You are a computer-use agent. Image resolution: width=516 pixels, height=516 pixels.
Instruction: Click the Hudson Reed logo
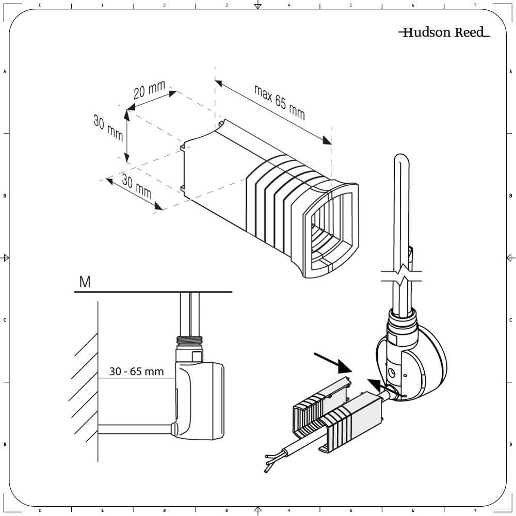pyautogui.click(x=444, y=33)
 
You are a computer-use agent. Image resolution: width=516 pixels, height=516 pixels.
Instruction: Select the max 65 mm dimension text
pyautogui.click(x=279, y=101)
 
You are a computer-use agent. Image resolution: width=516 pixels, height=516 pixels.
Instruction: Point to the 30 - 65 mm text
pyautogui.click(x=136, y=372)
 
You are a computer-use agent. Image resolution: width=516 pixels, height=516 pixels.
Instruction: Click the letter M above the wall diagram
pyautogui.click(x=85, y=282)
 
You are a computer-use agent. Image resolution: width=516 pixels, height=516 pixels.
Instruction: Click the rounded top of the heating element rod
pyautogui.click(x=401, y=159)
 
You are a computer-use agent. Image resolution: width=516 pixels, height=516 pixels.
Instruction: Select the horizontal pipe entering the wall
pyautogui.click(x=134, y=429)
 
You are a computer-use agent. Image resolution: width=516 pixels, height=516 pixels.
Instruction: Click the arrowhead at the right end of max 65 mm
pyautogui.click(x=327, y=140)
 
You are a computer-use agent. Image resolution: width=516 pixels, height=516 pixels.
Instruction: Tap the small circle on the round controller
pyautogui.click(x=393, y=372)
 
